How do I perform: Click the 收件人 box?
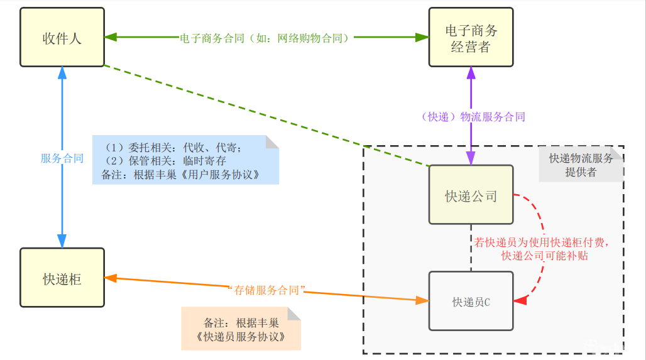pos(62,37)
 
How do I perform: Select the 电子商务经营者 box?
pos(471,37)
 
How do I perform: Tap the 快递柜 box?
pos(62,278)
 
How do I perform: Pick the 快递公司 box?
pos(471,195)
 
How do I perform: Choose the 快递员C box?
pos(471,302)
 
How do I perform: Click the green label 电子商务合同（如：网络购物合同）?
pos(264,38)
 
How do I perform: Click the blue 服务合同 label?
pos(62,158)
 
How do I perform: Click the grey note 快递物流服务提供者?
pos(581,165)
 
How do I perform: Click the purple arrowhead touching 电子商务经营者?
pos(471,74)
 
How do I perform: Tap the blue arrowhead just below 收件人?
pos(62,73)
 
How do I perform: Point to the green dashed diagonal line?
pos(264,116)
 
